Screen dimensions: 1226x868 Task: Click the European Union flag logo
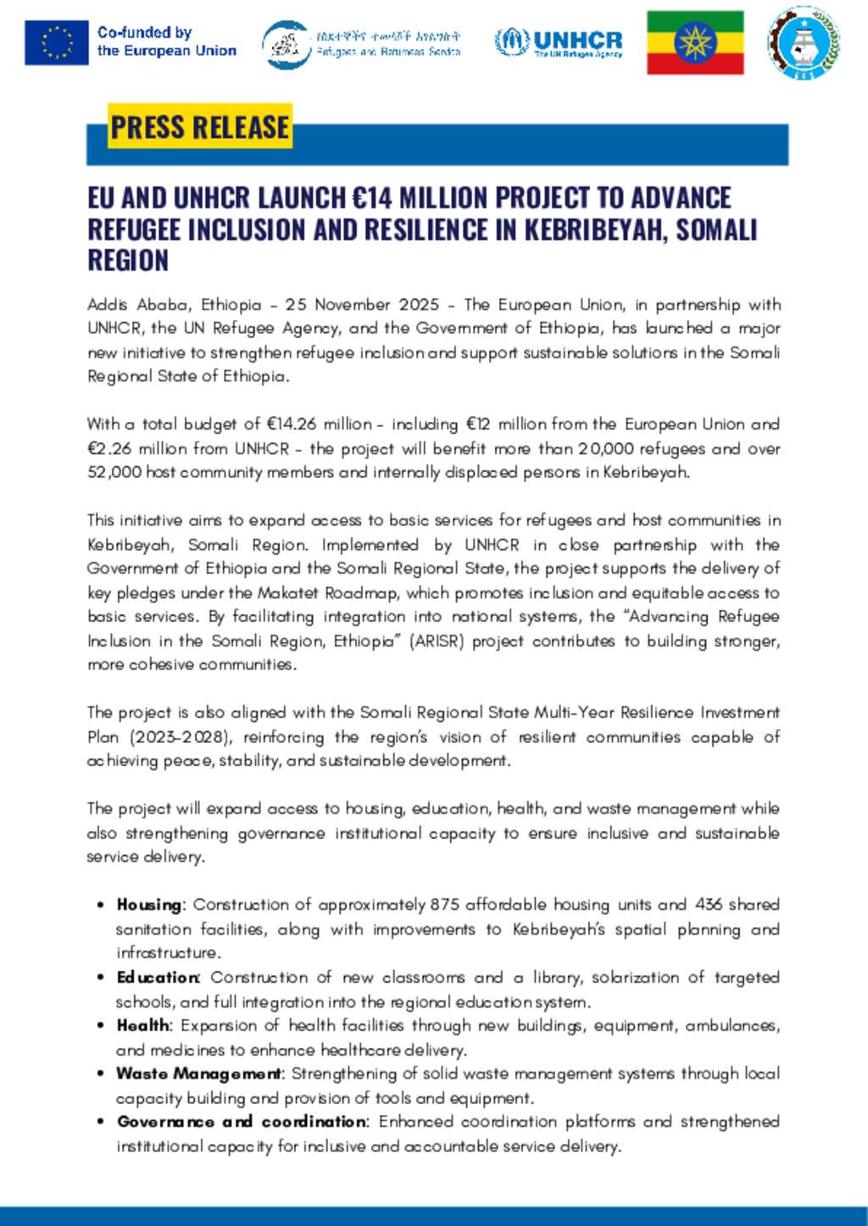pyautogui.click(x=56, y=42)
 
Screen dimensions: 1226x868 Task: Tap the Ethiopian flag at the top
pyautogui.click(x=695, y=42)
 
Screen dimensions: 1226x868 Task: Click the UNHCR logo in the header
pyautogui.click(x=559, y=42)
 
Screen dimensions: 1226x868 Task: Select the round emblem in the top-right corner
pyautogui.click(x=804, y=42)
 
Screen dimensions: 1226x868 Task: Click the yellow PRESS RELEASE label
pyautogui.click(x=200, y=126)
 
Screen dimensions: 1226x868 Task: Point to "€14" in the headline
pyautogui.click(x=372, y=198)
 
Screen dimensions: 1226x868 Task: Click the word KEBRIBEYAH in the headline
pyautogui.click(x=594, y=230)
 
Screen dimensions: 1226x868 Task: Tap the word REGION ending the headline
pyautogui.click(x=128, y=261)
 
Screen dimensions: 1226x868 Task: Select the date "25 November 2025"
pyautogui.click(x=362, y=304)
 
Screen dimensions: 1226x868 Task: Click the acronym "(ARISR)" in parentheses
pyautogui.click(x=437, y=641)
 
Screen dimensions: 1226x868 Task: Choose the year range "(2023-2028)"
pyautogui.click(x=180, y=737)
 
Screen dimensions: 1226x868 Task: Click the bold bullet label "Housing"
pyautogui.click(x=149, y=905)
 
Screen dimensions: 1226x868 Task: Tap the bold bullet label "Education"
pyautogui.click(x=159, y=978)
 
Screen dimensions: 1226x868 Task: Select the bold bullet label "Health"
pyautogui.click(x=144, y=1025)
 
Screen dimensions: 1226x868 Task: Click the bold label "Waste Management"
pyautogui.click(x=199, y=1073)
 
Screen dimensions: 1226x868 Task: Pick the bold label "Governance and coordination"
pyautogui.click(x=242, y=1122)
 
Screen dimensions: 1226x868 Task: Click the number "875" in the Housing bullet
pyautogui.click(x=444, y=905)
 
